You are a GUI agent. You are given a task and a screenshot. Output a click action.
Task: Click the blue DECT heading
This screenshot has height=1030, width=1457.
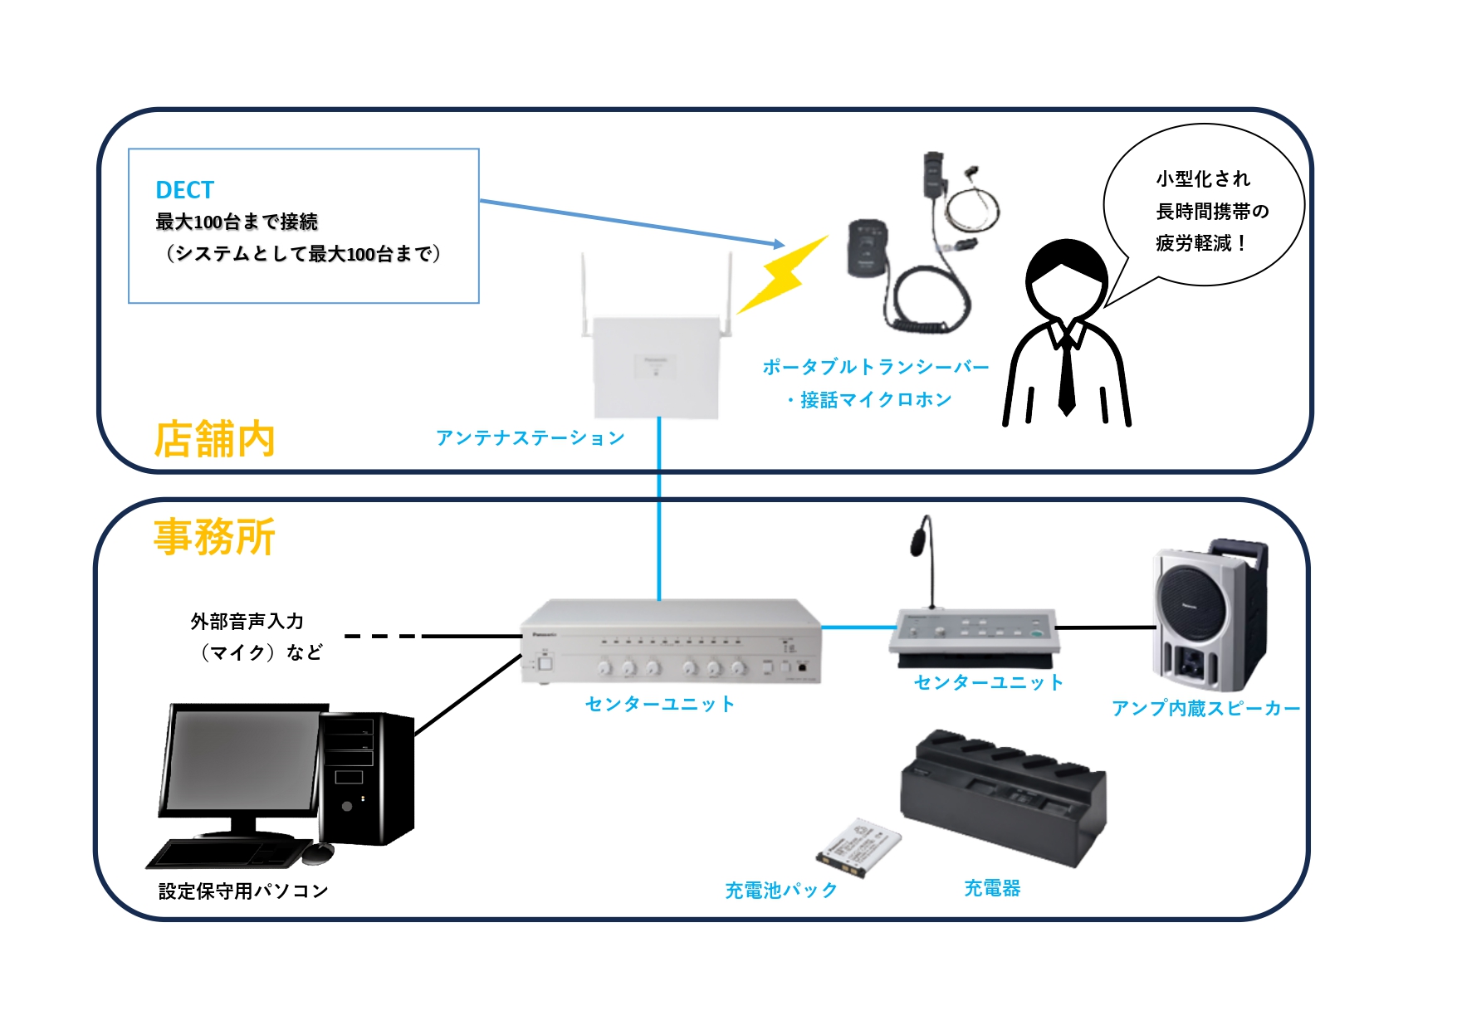pyautogui.click(x=184, y=190)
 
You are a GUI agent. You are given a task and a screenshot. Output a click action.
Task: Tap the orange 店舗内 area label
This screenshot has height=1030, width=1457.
pyautogui.click(x=214, y=439)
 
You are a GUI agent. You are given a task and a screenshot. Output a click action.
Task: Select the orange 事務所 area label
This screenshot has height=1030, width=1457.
pyautogui.click(x=214, y=537)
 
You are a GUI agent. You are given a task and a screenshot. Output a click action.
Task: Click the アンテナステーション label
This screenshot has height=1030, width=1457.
pyautogui.click(x=530, y=437)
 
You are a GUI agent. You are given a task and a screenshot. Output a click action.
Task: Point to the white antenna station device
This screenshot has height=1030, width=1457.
pyautogui.click(x=656, y=365)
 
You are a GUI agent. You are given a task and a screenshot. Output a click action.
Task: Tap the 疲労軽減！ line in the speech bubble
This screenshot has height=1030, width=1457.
pyautogui.click(x=1200, y=243)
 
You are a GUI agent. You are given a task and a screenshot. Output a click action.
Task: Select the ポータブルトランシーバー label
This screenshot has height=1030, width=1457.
pyautogui.click(x=875, y=367)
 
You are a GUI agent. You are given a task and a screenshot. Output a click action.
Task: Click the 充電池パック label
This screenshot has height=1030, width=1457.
pyautogui.click(x=780, y=891)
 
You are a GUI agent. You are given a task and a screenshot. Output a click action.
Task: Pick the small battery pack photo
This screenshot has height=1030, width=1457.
pyautogui.click(x=858, y=847)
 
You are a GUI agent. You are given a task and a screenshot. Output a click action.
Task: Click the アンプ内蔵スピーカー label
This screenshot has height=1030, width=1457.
pyautogui.click(x=1205, y=708)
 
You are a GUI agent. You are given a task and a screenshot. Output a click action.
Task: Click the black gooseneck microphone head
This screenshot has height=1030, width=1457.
pyautogui.click(x=920, y=538)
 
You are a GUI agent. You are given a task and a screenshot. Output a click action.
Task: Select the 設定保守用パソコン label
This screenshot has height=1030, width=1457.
pyautogui.click(x=243, y=891)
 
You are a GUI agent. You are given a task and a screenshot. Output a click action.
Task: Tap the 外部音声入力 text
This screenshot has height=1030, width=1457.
pyautogui.click(x=247, y=621)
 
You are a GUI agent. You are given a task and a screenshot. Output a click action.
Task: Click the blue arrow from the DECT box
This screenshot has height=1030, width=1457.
pyautogui.click(x=631, y=222)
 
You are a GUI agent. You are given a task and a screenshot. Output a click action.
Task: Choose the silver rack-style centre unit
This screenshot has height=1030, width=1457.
pyautogui.click(x=671, y=643)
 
